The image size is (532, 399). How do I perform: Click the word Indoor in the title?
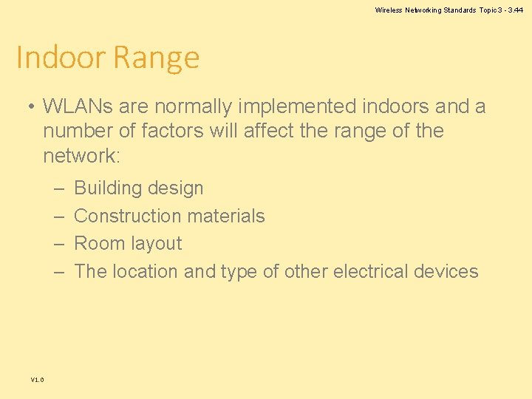coord(61,58)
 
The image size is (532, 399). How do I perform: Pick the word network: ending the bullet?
coord(81,156)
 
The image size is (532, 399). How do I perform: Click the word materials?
coord(230,216)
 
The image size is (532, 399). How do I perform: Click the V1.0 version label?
coord(37,380)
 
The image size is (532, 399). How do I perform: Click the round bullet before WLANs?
coord(30,107)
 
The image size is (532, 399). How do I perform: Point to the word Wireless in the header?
coord(388,10)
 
